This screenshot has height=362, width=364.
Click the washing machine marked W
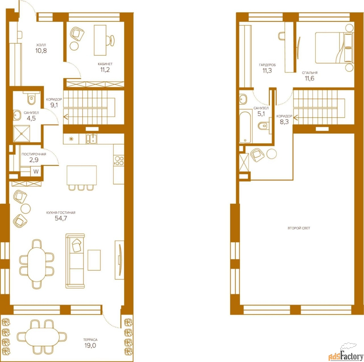point(36,171)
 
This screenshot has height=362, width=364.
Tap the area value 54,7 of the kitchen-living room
point(61,218)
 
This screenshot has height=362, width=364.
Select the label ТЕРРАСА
point(90,340)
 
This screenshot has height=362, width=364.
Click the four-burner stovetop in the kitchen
point(119,161)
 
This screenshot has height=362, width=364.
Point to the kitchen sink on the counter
point(91,139)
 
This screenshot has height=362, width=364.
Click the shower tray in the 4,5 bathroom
point(22,134)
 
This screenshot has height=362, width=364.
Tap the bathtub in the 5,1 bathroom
point(245,127)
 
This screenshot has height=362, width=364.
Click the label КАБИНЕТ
point(105,64)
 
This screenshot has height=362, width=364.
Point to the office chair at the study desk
point(110,40)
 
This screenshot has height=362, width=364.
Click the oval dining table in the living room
point(37,264)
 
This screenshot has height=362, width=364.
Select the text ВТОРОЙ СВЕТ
point(299,228)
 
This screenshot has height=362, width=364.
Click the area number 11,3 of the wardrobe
point(267,71)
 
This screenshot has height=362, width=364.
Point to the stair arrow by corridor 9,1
point(66,117)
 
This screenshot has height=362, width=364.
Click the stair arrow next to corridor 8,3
point(296,118)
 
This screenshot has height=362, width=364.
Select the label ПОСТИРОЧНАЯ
point(34,154)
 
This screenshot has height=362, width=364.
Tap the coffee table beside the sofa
point(94,260)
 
